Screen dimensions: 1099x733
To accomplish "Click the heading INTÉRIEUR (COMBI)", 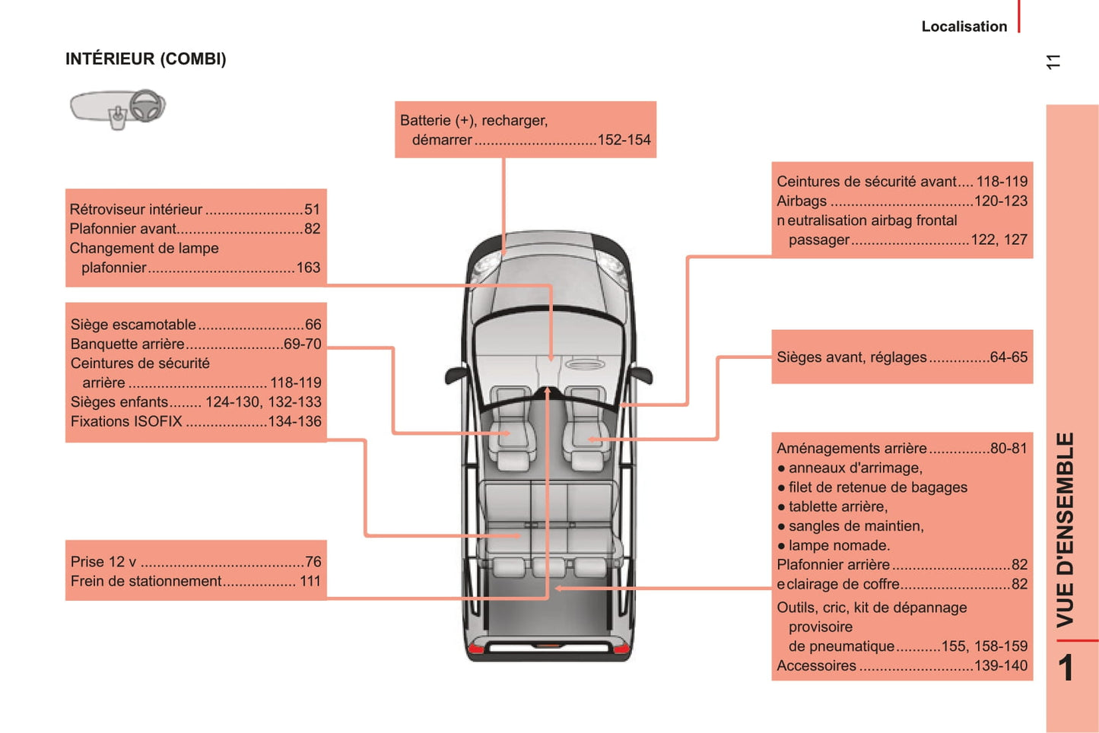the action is tap(146, 59).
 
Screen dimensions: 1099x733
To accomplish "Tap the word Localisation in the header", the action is tap(964, 27).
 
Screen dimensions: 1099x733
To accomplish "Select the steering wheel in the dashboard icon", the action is tap(148, 106).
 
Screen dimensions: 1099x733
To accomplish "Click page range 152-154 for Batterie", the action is tap(624, 140).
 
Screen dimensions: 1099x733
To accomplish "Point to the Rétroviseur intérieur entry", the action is tap(136, 210).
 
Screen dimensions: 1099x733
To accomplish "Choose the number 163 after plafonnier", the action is tap(308, 268).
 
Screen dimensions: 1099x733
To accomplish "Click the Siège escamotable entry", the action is tap(133, 325).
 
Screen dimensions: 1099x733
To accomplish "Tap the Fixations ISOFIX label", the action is tap(126, 421).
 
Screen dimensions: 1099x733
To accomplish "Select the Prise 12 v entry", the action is tap(103, 562).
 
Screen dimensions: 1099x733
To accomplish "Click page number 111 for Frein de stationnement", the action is tap(310, 582).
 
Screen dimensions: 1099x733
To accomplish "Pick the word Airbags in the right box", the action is tap(802, 201).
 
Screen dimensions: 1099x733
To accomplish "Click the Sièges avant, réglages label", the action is tap(852, 357).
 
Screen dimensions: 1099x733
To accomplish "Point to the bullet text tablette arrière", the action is tap(838, 507).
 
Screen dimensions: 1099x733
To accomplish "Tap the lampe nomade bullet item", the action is tap(839, 546).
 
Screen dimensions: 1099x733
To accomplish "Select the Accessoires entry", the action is tap(816, 666).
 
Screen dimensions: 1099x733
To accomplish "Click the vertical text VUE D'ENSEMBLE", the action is tap(1065, 530).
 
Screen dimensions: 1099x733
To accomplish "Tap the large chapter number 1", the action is tap(1066, 668).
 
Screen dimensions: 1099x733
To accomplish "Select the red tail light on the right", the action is tap(621, 649).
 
